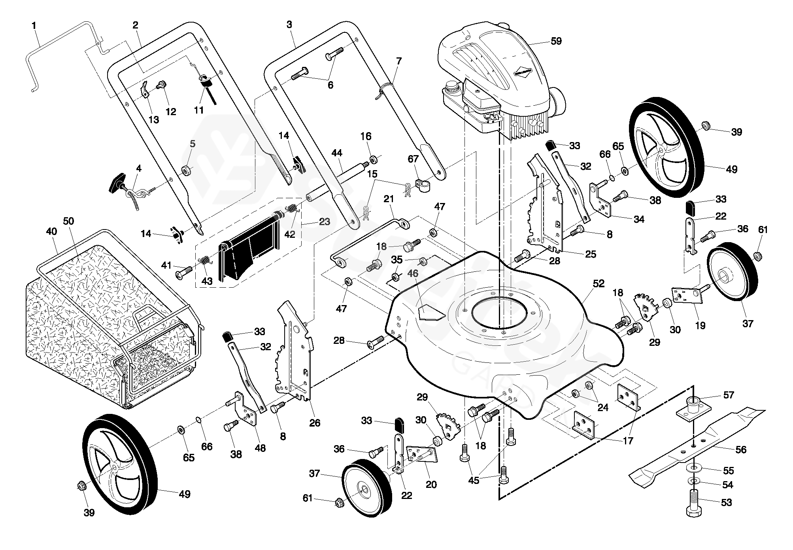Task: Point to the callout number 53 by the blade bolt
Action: (727, 503)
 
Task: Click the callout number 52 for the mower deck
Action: (599, 283)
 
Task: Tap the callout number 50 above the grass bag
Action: (69, 221)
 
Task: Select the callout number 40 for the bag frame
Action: (51, 231)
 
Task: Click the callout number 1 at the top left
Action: (34, 26)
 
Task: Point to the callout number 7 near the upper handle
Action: (398, 61)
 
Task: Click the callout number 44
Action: (337, 153)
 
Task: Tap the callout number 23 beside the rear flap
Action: (324, 222)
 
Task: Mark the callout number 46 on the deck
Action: (413, 273)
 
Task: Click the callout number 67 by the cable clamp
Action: (413, 159)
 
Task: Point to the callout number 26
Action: (315, 423)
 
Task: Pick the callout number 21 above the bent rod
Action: (389, 199)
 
